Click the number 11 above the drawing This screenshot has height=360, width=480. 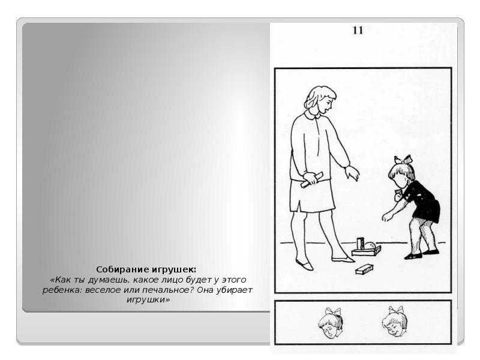[x=358, y=31]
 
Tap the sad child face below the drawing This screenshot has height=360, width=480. [x=331, y=323]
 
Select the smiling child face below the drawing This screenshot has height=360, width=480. [x=395, y=321]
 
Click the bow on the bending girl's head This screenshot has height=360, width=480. [x=403, y=160]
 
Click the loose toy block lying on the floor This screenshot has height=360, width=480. [x=364, y=269]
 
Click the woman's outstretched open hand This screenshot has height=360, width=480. [x=352, y=173]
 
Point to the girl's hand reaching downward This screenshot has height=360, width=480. [x=387, y=217]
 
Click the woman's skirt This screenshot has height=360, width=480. [x=312, y=196]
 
